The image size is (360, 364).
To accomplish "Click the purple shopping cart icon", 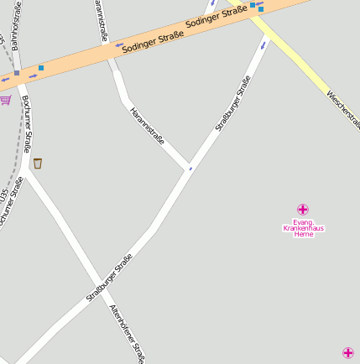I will [x=5, y=100].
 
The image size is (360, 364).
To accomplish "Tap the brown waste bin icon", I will [x=38, y=163].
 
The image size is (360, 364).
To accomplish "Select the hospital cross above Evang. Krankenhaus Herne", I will [x=303, y=209].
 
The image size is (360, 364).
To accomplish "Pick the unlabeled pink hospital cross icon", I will [x=348, y=353].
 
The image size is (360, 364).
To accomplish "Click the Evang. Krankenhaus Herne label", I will [x=303, y=227].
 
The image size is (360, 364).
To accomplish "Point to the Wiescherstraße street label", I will [x=344, y=109].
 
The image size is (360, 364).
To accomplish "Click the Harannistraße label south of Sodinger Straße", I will [x=148, y=126].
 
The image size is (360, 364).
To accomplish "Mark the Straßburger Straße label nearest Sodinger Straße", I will [x=232, y=103].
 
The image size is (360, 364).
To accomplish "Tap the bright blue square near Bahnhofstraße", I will [x=40, y=67].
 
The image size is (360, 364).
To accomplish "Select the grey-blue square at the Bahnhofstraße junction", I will [x=17, y=73].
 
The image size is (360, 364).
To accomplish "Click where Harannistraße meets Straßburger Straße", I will [x=187, y=168].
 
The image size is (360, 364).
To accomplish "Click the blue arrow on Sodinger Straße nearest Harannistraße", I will [x=119, y=45].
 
